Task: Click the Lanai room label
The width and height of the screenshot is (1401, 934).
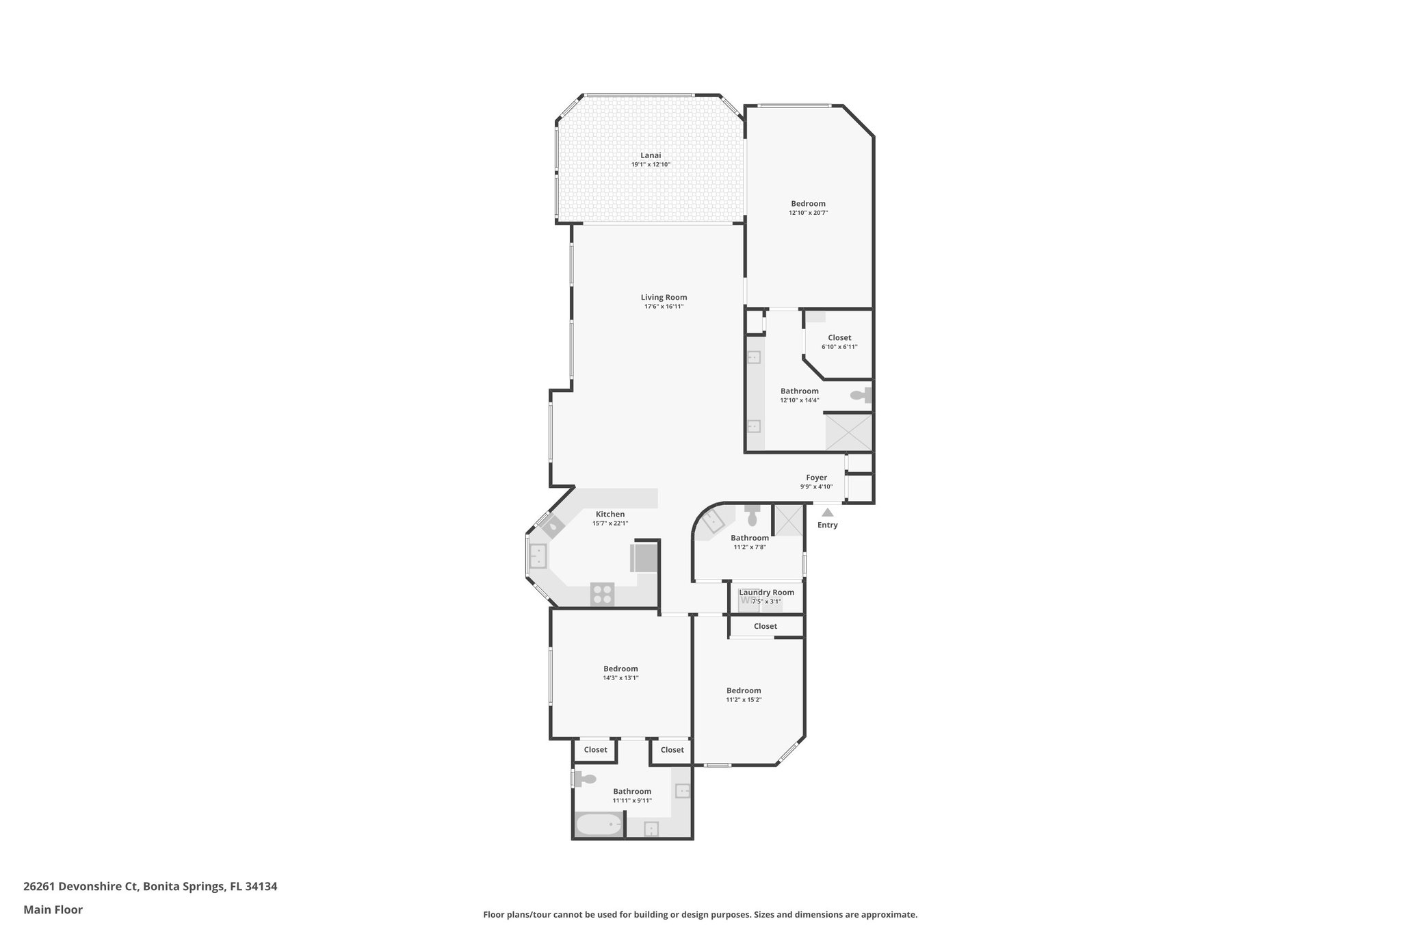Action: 651,155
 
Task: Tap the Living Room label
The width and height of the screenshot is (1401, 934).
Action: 664,298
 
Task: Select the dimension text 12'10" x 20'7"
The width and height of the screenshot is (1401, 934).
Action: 808,213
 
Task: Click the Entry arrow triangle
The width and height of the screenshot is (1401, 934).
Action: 827,512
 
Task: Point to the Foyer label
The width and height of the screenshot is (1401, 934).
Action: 816,478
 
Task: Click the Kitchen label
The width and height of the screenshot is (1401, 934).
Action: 610,515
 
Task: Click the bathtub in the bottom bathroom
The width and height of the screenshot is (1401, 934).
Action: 599,825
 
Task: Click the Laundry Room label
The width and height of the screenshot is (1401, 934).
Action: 766,593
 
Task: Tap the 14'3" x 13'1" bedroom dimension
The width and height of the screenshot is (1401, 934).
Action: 620,678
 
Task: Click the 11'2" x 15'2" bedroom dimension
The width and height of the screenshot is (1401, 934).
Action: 744,700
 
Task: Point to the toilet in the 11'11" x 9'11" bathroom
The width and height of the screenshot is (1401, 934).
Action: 585,779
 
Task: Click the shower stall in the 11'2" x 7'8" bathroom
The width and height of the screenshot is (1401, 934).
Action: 788,520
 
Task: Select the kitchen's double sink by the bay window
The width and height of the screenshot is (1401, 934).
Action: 538,556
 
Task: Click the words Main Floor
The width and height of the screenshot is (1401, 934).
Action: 53,910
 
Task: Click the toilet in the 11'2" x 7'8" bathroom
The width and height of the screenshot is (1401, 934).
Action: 752,515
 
